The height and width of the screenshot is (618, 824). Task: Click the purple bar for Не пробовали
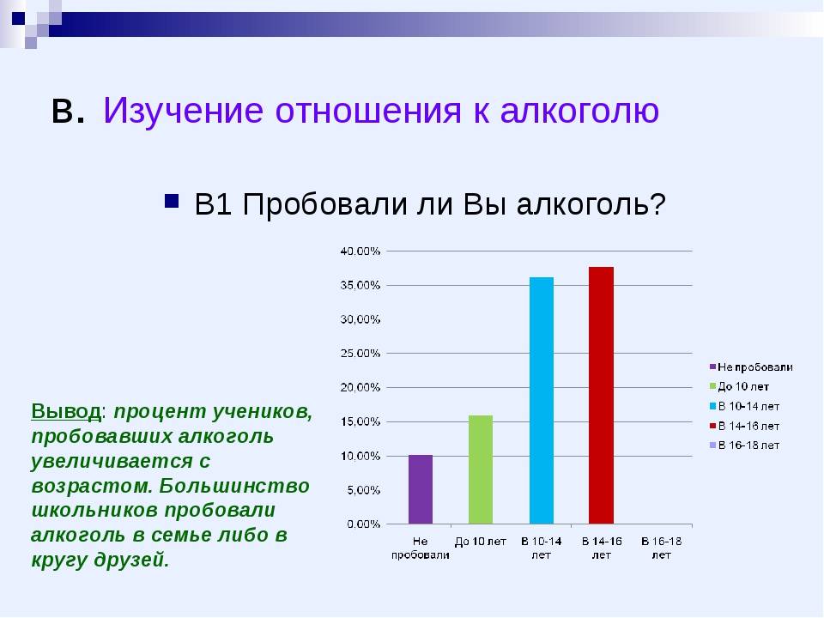click(x=421, y=489)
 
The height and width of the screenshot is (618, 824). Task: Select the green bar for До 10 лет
click(x=481, y=470)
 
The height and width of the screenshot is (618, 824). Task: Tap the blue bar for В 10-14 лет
click(x=542, y=401)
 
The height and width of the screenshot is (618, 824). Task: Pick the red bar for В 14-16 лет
click(x=601, y=395)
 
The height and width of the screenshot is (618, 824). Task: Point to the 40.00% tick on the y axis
click(x=360, y=251)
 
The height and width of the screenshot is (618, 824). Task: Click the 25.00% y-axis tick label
click(x=360, y=353)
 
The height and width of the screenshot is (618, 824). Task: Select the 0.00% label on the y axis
click(x=363, y=524)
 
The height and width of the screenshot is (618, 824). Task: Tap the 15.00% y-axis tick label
click(x=360, y=421)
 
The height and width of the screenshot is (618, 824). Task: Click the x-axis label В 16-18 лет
click(x=661, y=548)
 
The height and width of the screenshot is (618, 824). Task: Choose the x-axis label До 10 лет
click(x=481, y=542)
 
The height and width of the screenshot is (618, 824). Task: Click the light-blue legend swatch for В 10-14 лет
click(x=712, y=406)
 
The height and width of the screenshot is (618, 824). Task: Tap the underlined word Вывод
click(x=66, y=411)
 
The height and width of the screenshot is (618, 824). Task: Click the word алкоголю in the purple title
click(x=579, y=111)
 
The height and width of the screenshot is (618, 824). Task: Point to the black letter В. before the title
click(x=69, y=111)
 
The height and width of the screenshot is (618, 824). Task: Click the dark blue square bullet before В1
click(x=172, y=201)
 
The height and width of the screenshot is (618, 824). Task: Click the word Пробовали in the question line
click(x=324, y=204)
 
